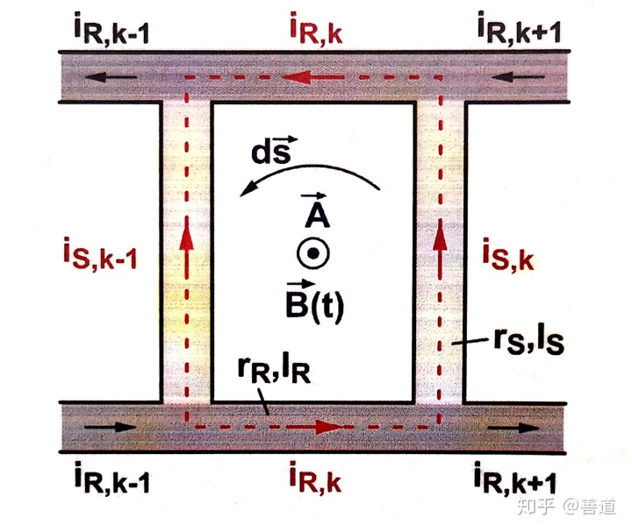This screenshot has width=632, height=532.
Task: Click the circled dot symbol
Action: coord(312,254)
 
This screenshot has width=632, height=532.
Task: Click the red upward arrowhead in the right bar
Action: coord(439,238)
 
